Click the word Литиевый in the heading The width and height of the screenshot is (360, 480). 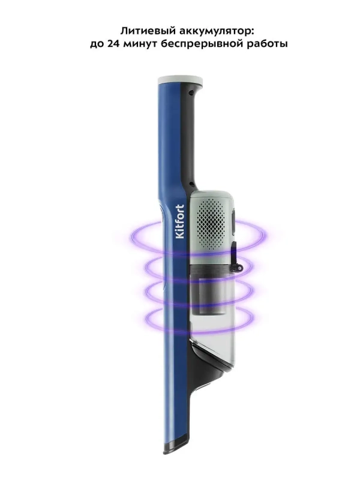coord(141,31)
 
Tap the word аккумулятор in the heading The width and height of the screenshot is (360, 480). coord(210,32)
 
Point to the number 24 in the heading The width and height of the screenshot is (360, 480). coord(113,44)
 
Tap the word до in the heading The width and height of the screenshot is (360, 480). coord(97,44)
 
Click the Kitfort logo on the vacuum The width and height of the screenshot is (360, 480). coord(181,221)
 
